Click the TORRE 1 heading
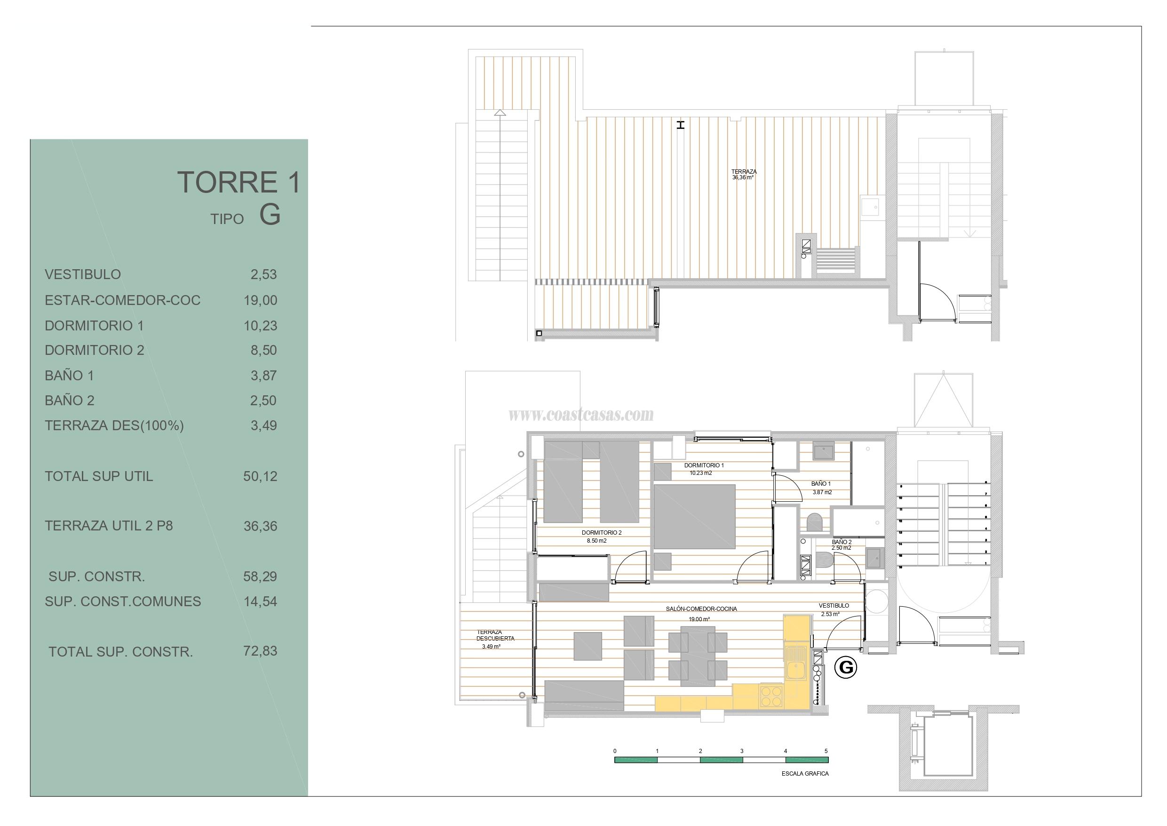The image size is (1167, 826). pyautogui.click(x=239, y=182)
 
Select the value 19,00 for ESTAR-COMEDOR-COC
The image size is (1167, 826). pyautogui.click(x=260, y=300)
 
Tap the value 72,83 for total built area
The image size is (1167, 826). pyautogui.click(x=260, y=651)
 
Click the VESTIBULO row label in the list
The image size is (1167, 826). pyautogui.click(x=83, y=275)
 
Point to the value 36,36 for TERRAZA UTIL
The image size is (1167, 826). pyautogui.click(x=260, y=526)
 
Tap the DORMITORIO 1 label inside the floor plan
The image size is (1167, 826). pyautogui.click(x=704, y=465)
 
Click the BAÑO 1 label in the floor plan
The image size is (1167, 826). pyautogui.click(x=821, y=484)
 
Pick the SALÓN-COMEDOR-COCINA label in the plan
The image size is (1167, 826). pyautogui.click(x=701, y=609)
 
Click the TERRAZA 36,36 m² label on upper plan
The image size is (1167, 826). pyautogui.click(x=744, y=175)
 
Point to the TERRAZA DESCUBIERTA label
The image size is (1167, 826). pyautogui.click(x=494, y=635)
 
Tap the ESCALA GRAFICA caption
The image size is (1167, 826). pyautogui.click(x=805, y=774)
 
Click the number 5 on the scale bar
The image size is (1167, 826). pyautogui.click(x=826, y=751)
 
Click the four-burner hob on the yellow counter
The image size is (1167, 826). pyautogui.click(x=771, y=696)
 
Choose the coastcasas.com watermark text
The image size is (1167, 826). pyautogui.click(x=581, y=415)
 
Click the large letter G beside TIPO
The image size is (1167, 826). pyautogui.click(x=270, y=215)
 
